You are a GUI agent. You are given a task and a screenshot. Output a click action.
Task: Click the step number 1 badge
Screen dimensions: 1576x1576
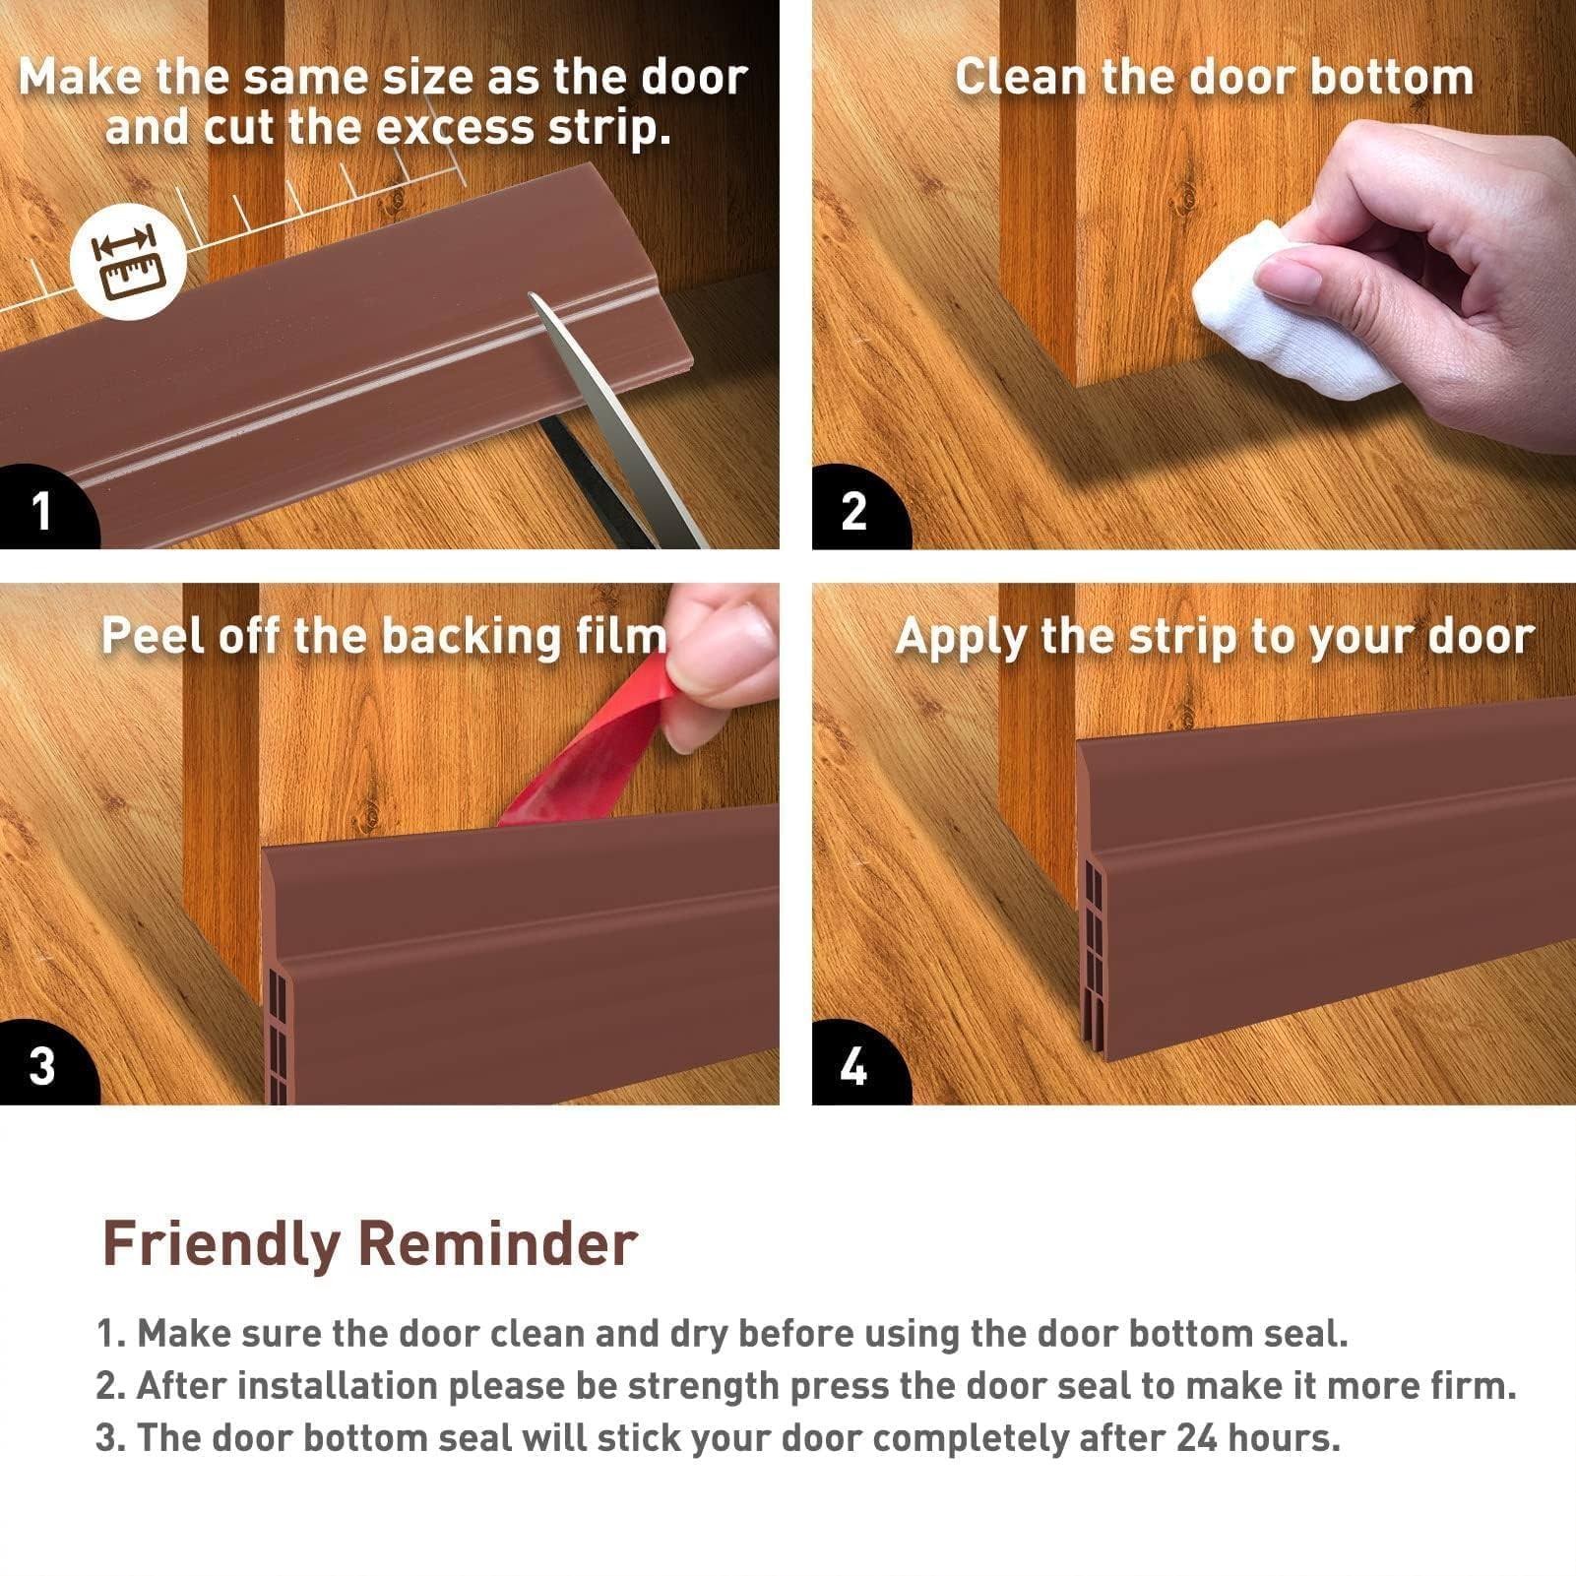pyautogui.click(x=41, y=510)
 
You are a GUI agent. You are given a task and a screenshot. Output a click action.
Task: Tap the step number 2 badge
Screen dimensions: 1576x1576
pyautogui.click(x=853, y=510)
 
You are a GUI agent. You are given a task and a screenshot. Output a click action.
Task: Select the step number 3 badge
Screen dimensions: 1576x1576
pyautogui.click(x=41, y=1066)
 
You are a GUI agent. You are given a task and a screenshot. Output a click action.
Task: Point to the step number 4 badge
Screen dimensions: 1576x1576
pyautogui.click(x=853, y=1066)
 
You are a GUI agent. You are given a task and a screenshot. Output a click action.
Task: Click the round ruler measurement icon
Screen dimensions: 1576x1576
pyautogui.click(x=128, y=262)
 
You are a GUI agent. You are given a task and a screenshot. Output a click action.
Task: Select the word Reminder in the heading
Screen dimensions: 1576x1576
pyautogui.click(x=497, y=1243)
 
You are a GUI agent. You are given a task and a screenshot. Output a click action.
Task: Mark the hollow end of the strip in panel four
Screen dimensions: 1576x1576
pyautogui.click(x=1094, y=945)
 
